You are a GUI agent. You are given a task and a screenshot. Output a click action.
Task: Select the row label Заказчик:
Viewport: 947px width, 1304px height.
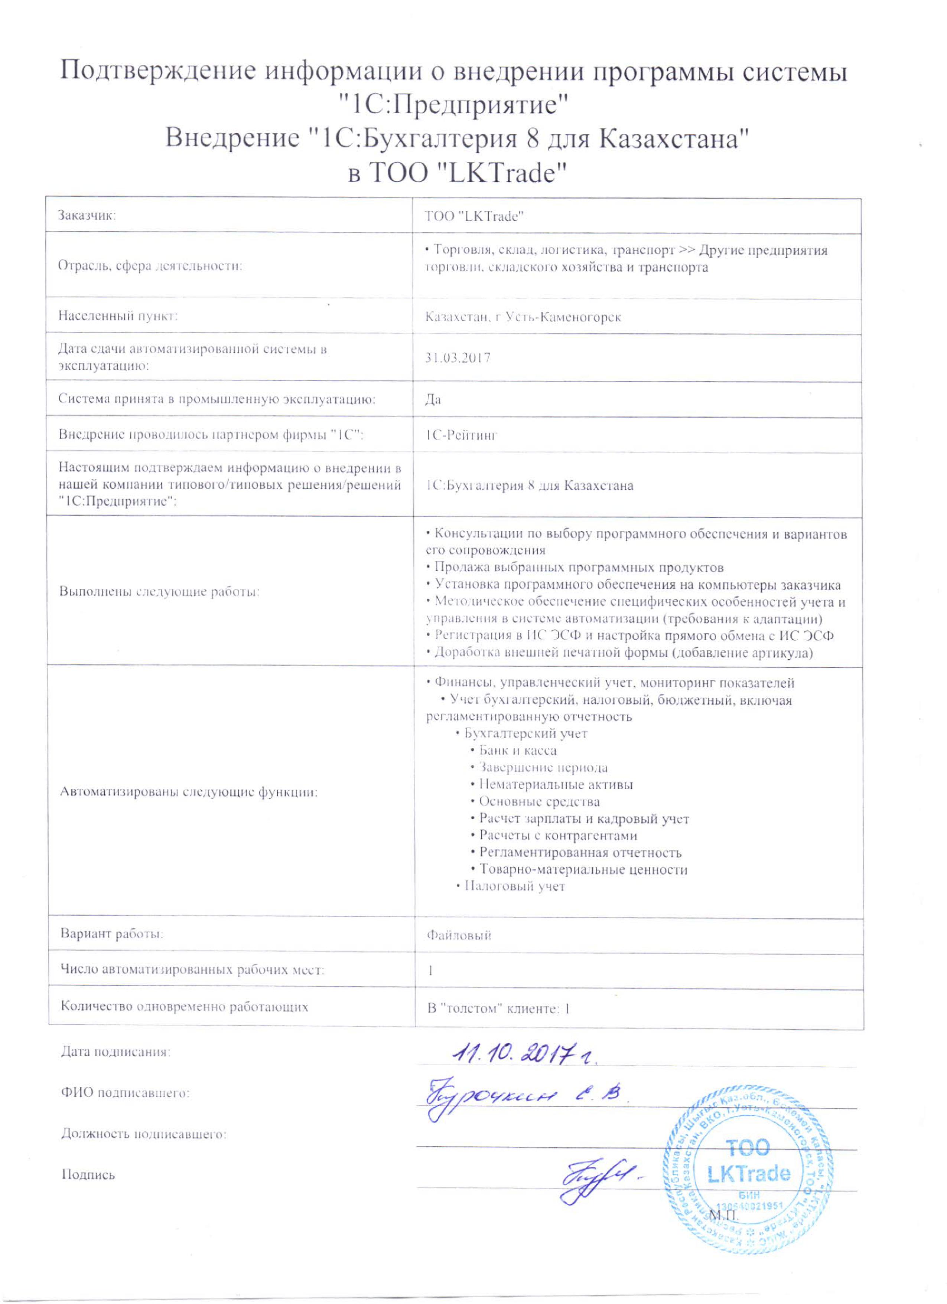[87, 216]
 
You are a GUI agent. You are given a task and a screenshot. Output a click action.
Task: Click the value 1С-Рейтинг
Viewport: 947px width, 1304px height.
[460, 435]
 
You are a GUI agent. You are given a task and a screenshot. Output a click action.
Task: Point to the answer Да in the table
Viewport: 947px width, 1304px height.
[433, 399]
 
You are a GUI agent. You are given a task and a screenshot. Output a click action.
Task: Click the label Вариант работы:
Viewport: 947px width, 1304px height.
[112, 934]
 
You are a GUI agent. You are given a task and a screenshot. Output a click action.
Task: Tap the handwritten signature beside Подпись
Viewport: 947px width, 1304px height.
[601, 1176]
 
